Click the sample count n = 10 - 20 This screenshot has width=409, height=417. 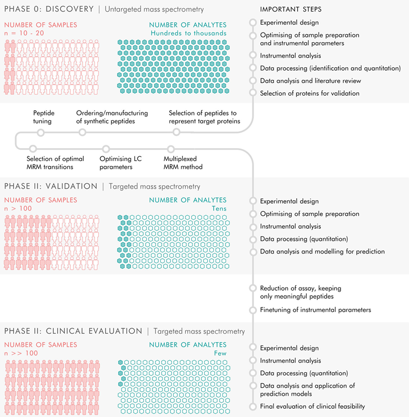pos(23,33)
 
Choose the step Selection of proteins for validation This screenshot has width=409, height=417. pos(310,93)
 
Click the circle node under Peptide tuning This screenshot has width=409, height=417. pos(41,132)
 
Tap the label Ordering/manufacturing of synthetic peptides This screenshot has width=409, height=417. pos(112,117)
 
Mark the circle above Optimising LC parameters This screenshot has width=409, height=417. pos(106,149)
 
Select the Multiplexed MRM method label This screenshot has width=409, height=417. pos(183,163)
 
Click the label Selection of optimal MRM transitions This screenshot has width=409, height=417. pos(55,163)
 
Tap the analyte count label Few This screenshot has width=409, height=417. pos(220,353)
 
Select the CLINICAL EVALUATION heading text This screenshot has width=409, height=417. pos(94,331)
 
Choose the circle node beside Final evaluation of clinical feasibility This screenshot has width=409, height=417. pos(252,406)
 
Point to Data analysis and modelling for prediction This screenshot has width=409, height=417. pos(322,252)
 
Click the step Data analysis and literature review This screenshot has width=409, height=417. pos(310,81)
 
